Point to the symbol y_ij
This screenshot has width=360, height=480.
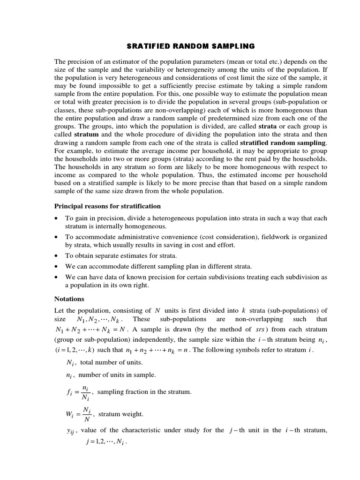tap(71, 431)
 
